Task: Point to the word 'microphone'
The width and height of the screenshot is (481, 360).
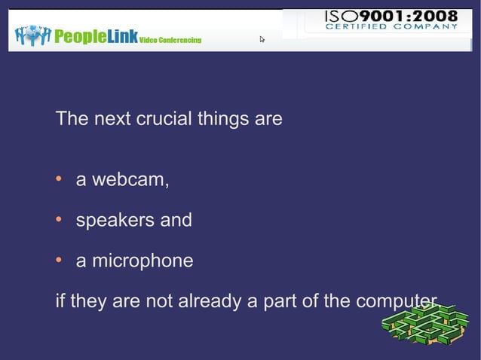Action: click(142, 261)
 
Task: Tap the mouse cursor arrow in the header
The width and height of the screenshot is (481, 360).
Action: click(262, 38)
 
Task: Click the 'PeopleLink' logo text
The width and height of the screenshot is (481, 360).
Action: click(96, 37)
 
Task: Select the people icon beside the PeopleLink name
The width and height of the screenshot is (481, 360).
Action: click(32, 35)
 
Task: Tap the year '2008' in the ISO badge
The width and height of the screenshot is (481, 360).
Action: click(437, 16)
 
